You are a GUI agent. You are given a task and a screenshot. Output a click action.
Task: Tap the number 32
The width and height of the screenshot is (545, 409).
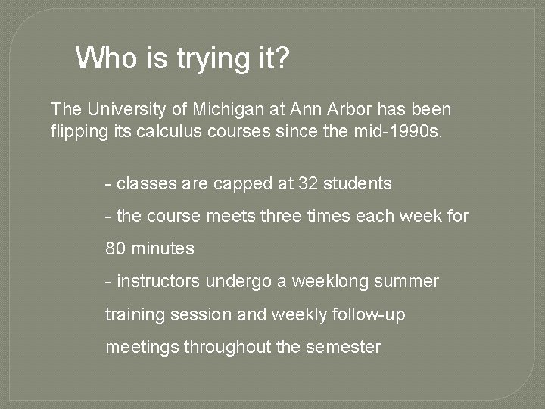click(x=307, y=183)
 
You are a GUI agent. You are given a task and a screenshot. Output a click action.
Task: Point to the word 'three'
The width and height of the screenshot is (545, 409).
click(x=280, y=217)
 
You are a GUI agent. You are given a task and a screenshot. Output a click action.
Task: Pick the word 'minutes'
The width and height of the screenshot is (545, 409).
click(x=165, y=249)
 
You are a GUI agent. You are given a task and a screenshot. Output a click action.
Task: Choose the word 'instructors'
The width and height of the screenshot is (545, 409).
click(x=158, y=282)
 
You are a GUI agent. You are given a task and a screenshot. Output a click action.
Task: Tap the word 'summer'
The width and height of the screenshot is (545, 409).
click(x=404, y=282)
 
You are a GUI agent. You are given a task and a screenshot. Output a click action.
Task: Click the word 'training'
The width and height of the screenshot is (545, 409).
click(x=134, y=315)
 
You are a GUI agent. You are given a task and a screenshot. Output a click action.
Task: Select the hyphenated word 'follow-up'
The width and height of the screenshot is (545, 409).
click(x=369, y=315)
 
